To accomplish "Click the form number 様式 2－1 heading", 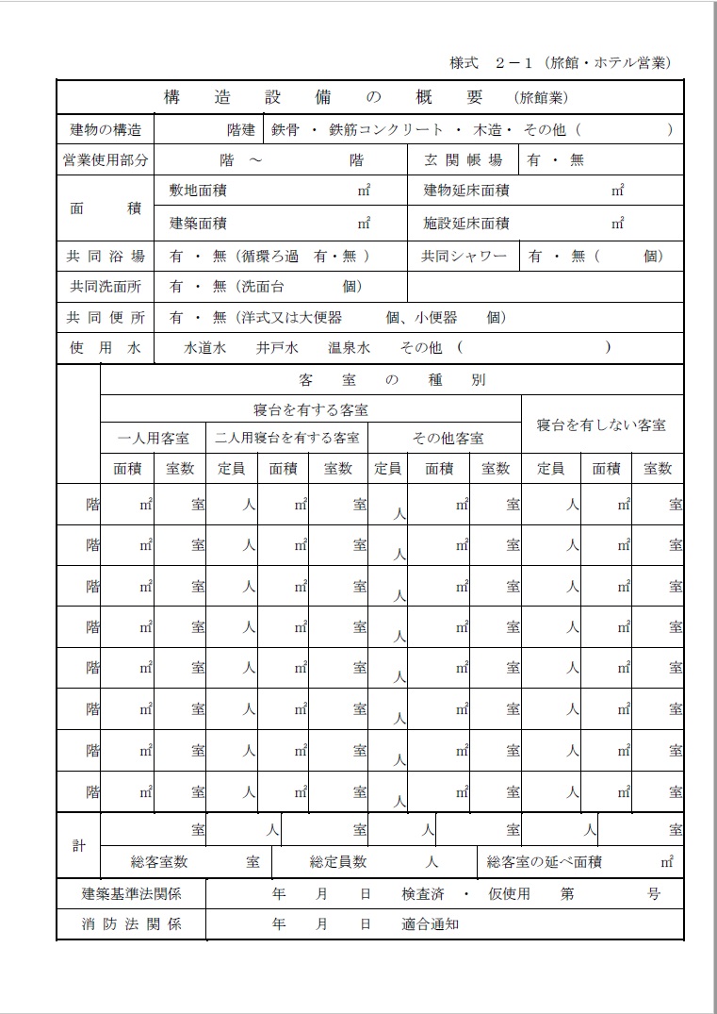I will click(x=561, y=63).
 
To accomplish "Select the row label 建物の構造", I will click(x=106, y=129).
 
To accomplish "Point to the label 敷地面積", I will click(x=198, y=191).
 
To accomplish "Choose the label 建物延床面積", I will click(x=466, y=191).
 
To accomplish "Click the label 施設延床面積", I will click(x=466, y=224).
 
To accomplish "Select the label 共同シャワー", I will click(x=464, y=256).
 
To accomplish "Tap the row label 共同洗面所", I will click(x=106, y=286).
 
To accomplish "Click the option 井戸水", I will click(x=277, y=347).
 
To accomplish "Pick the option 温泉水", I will click(x=349, y=347).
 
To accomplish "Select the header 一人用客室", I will click(x=153, y=439).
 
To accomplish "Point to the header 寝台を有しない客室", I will click(x=601, y=424).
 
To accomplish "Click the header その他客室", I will click(x=448, y=439).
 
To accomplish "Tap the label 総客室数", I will click(x=159, y=861).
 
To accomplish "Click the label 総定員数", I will click(x=338, y=861).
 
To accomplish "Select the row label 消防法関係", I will click(x=131, y=924).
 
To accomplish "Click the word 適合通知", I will click(x=430, y=924).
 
